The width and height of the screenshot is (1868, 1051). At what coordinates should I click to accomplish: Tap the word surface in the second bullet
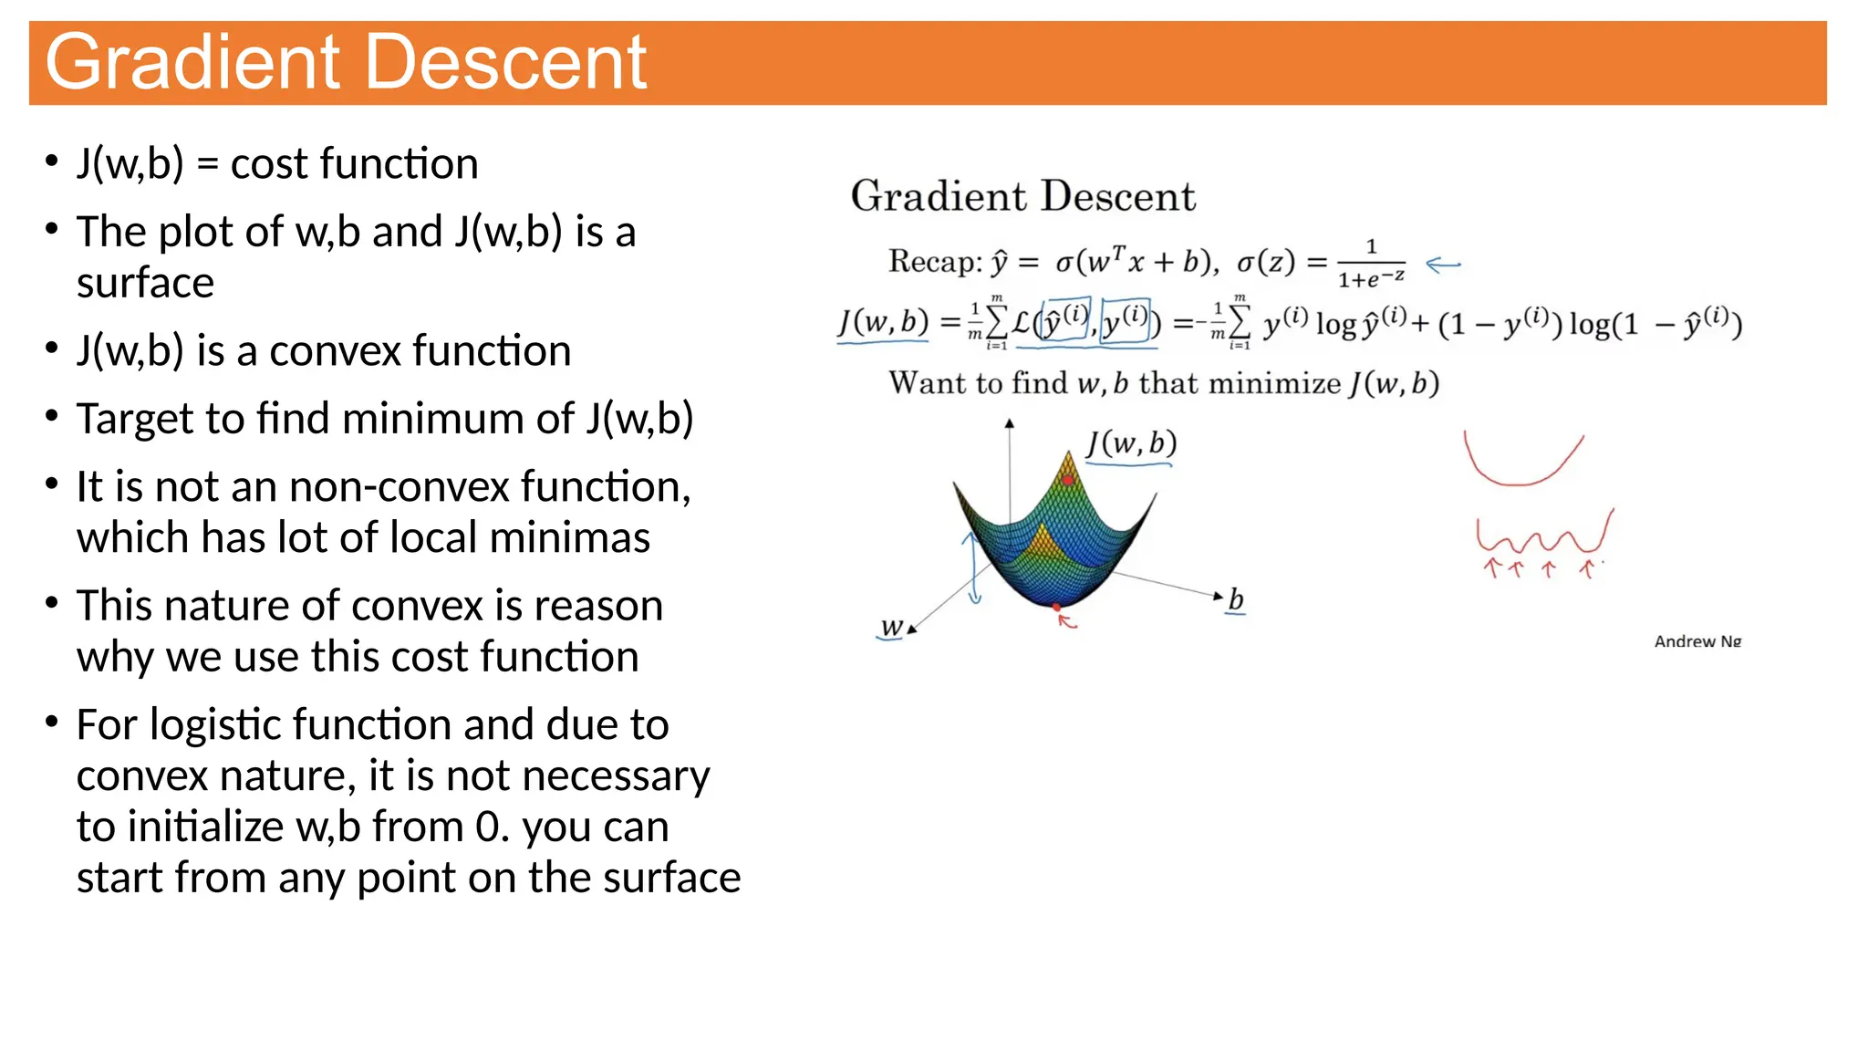(145, 283)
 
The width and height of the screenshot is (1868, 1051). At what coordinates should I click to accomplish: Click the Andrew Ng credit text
(1697, 641)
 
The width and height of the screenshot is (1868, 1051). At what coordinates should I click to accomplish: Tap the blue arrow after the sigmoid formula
(1443, 265)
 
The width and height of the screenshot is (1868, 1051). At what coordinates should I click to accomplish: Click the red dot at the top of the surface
(1068, 479)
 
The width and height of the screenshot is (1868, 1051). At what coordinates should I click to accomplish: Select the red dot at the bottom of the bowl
(1057, 607)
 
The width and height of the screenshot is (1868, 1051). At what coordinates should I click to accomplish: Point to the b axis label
(1236, 600)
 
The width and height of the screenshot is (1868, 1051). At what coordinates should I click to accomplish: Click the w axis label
(892, 628)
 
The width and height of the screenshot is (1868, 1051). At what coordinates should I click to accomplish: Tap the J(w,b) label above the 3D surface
(1131, 444)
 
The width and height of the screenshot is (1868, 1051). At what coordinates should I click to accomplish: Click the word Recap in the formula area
(934, 262)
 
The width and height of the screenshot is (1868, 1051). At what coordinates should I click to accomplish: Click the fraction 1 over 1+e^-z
(1371, 264)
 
